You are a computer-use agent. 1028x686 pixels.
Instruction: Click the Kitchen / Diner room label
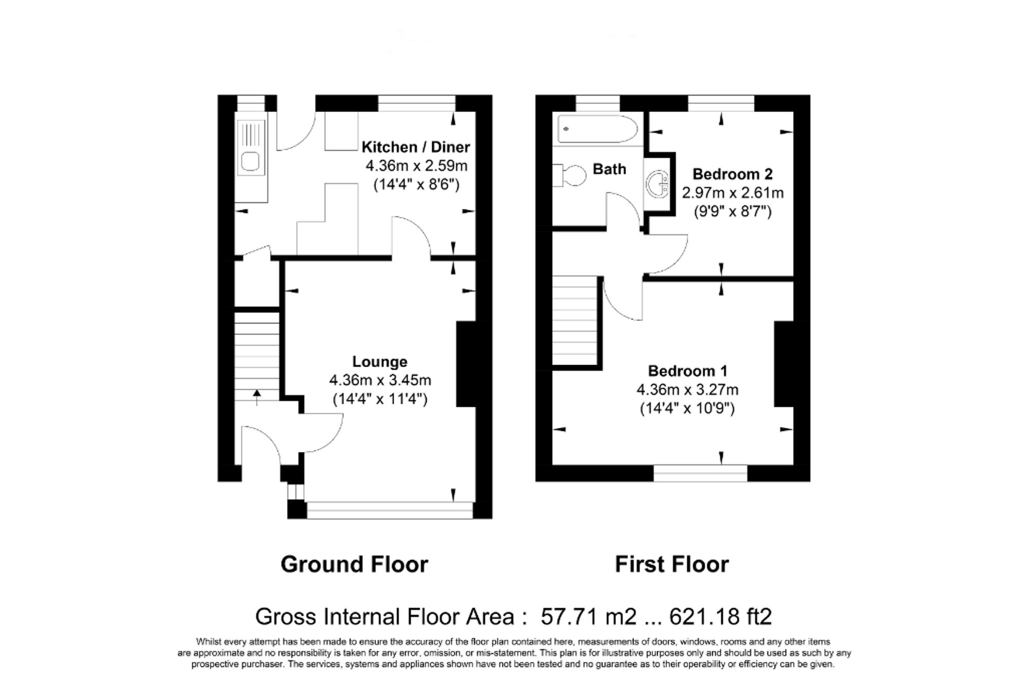[415, 147]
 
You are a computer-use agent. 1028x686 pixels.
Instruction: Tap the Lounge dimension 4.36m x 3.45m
[380, 381]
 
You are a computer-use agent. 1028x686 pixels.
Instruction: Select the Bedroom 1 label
[687, 371]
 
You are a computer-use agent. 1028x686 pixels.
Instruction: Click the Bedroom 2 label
[732, 174]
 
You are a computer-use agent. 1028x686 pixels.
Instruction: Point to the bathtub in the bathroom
[597, 129]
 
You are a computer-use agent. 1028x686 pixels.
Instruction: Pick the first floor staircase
[575, 320]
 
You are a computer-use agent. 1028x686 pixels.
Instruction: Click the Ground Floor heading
[354, 565]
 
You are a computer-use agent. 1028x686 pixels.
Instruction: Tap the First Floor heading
[672, 565]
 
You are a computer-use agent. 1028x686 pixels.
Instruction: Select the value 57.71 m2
[589, 616]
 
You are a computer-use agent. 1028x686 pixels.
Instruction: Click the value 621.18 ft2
[720, 616]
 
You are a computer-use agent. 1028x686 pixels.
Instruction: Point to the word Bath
[609, 169]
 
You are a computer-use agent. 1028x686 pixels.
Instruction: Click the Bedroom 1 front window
[700, 473]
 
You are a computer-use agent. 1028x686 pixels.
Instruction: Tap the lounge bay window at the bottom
[389, 510]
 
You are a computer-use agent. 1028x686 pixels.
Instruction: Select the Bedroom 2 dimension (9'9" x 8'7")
[732, 211]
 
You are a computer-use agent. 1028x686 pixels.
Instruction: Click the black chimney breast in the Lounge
[467, 364]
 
